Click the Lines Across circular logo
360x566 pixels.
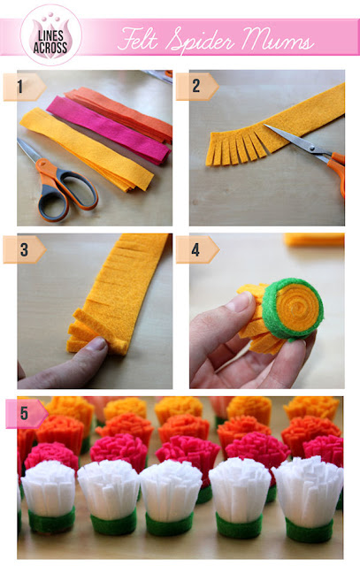[51, 35]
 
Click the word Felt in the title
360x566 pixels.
[139, 39]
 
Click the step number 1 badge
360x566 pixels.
[25, 87]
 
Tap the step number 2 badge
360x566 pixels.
[197, 87]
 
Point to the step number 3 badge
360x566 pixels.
[25, 249]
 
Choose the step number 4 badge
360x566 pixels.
[197, 249]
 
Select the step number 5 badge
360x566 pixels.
[26, 414]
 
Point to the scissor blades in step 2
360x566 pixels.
[295, 139]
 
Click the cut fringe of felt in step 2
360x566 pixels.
[236, 148]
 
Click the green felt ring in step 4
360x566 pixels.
[293, 310]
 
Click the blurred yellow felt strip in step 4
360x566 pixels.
[314, 240]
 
